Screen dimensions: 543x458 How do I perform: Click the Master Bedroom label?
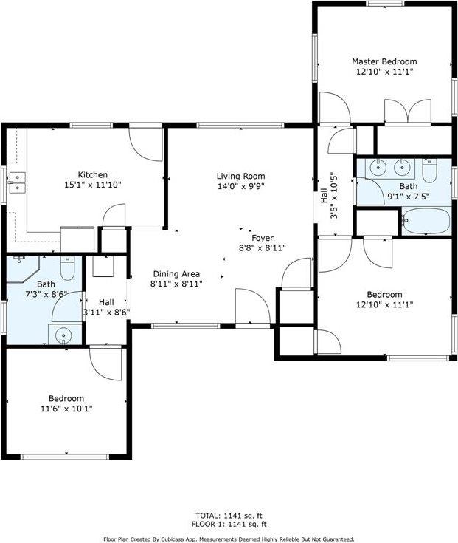[x=384, y=61]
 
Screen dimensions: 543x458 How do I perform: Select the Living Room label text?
[x=240, y=176]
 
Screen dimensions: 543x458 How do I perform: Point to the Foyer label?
[x=263, y=238]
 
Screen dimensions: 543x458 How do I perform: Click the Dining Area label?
[x=176, y=273]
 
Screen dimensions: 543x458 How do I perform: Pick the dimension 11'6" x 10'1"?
[x=66, y=409]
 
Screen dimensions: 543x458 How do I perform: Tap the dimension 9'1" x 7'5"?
[x=408, y=197]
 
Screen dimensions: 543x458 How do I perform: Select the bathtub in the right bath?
[x=426, y=219]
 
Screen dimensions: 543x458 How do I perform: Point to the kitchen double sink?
[x=16, y=182]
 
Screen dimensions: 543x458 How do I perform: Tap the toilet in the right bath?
[x=432, y=171]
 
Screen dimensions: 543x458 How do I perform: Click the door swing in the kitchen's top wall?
[x=147, y=143]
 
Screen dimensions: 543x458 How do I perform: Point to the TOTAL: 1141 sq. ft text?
[x=229, y=515]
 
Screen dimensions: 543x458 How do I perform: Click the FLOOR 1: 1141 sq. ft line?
[x=229, y=525]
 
